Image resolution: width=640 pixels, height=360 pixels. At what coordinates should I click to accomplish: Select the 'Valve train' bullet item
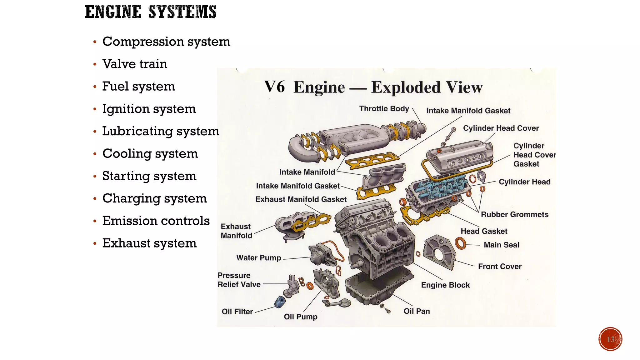click(135, 64)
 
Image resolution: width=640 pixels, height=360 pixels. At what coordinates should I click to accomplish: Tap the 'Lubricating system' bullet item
click(161, 131)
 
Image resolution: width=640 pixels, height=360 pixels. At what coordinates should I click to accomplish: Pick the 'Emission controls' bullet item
click(156, 221)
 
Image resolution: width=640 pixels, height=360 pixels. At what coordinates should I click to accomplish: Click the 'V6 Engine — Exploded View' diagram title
click(373, 87)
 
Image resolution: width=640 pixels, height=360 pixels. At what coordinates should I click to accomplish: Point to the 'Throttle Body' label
click(384, 109)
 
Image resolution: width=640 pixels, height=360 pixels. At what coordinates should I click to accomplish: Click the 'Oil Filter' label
click(237, 312)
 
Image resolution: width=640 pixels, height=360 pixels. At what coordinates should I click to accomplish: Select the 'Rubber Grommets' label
click(514, 215)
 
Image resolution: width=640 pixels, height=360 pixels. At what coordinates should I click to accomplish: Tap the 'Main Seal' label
click(501, 245)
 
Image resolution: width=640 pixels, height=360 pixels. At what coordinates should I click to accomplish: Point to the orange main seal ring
click(460, 243)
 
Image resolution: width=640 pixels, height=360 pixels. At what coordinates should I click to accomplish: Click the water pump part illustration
click(322, 255)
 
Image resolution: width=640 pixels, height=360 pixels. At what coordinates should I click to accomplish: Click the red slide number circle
click(610, 339)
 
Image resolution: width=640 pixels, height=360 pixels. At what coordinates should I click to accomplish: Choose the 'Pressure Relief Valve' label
click(239, 280)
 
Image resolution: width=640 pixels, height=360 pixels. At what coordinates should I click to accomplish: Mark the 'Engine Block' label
click(445, 285)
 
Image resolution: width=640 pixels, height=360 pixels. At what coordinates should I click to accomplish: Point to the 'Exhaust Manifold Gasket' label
click(301, 199)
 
